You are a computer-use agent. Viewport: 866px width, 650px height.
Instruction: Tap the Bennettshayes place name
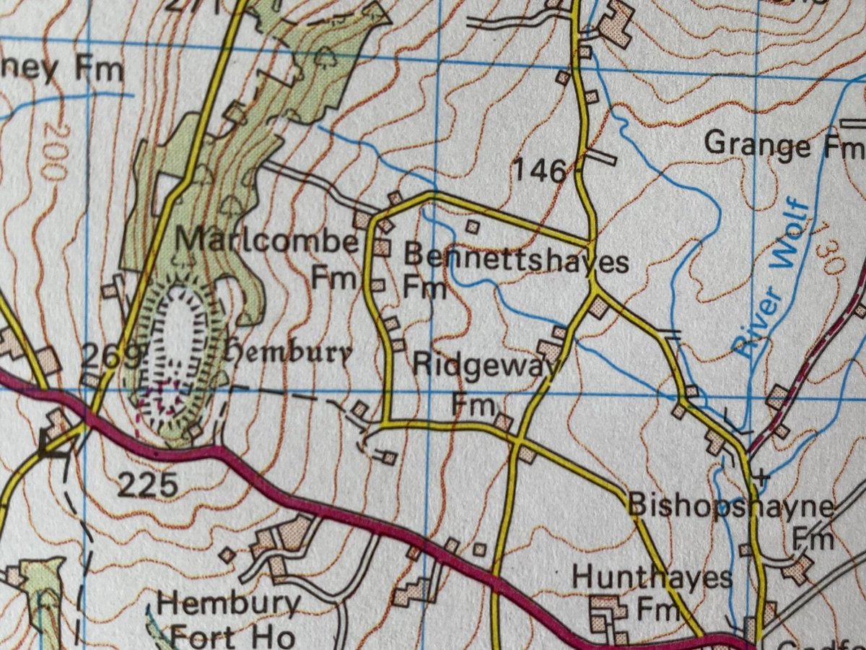coord(515,259)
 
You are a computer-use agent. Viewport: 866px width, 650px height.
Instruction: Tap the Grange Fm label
coord(782,146)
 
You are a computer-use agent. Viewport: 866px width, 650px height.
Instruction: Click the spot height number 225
coord(146,485)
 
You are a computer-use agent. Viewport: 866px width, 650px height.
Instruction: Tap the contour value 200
coord(51,151)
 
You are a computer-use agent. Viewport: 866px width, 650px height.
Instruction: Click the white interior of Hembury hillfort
coord(178,332)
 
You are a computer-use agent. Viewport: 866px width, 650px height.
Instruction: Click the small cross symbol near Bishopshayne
coord(761,478)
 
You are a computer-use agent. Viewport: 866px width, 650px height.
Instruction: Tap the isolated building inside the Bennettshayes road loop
coord(472,227)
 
